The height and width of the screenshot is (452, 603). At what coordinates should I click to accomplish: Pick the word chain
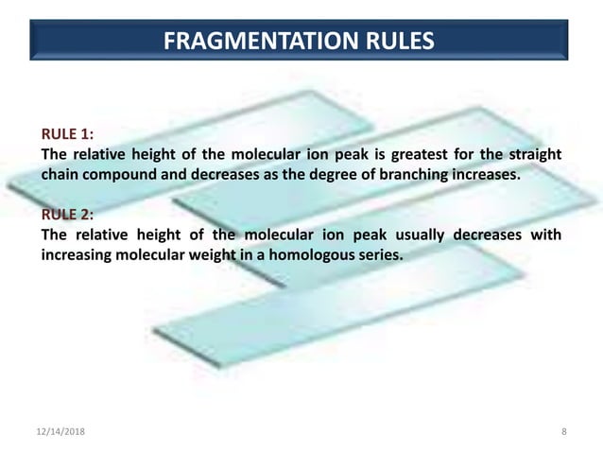[x=59, y=175]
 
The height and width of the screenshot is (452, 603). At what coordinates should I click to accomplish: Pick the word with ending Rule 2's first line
[x=545, y=236]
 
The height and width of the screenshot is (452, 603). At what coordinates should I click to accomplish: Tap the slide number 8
[x=563, y=432]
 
